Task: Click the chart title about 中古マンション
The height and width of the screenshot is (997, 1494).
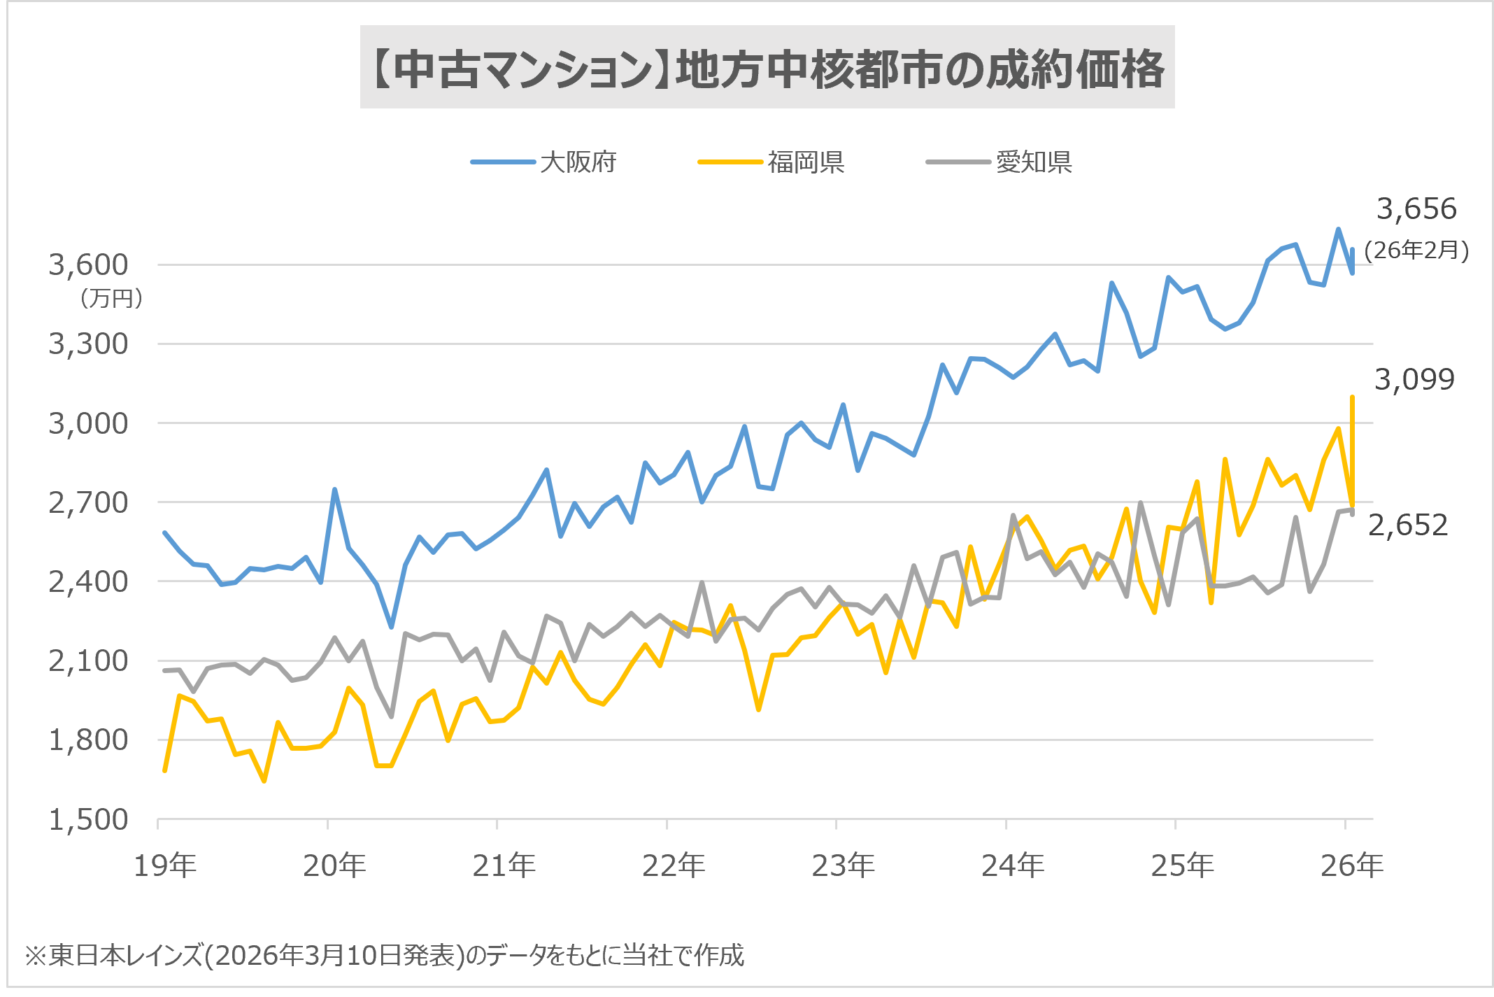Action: tap(767, 69)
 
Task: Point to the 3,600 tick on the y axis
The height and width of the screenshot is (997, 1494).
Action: tap(89, 264)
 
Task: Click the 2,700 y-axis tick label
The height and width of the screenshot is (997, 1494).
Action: tap(89, 502)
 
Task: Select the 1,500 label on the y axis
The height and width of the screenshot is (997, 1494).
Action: tap(89, 819)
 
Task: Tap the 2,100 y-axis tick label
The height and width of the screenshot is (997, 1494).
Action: tap(89, 660)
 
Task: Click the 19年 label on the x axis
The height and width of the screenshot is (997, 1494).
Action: tap(165, 866)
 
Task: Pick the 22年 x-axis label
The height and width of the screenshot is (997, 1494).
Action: tap(674, 866)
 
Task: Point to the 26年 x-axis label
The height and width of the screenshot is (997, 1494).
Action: tap(1351, 866)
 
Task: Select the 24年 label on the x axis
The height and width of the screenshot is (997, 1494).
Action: tap(1013, 866)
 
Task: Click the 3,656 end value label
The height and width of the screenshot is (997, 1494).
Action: tap(1416, 209)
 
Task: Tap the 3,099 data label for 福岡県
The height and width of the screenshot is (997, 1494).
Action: tap(1414, 380)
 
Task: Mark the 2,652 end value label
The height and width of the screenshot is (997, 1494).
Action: tap(1407, 525)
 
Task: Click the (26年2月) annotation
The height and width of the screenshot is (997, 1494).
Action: tap(1416, 250)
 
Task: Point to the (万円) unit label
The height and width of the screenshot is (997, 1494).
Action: tap(112, 299)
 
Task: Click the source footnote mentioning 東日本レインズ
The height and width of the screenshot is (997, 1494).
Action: tap(385, 955)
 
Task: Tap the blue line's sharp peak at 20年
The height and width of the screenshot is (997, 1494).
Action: tap(335, 490)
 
